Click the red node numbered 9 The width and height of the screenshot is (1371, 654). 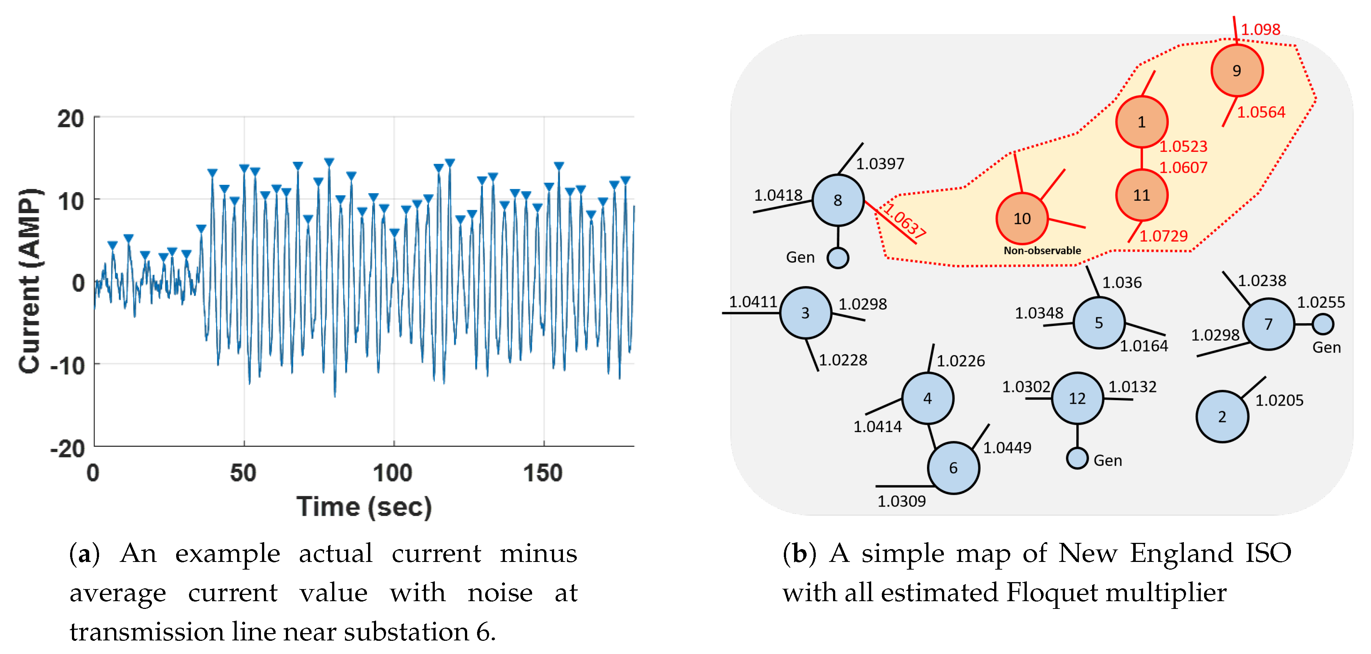1236,71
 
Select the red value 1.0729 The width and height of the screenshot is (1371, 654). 1163,236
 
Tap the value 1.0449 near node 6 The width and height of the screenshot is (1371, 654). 1007,447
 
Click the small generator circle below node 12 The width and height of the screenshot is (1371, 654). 1077,458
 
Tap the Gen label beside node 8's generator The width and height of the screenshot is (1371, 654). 800,257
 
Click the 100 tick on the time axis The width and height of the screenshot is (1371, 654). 393,473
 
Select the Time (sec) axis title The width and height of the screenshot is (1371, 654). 364,506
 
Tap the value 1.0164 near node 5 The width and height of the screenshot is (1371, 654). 1144,346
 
